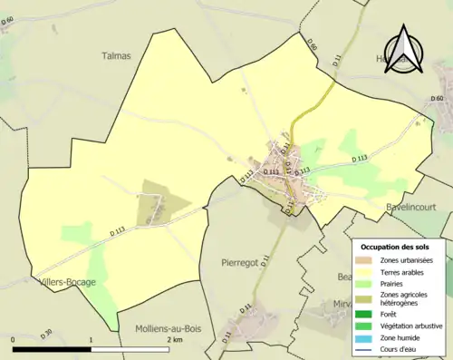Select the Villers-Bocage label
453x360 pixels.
pos(68,281)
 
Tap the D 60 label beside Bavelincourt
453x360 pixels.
pos(437,100)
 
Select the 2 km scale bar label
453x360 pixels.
pos(175,339)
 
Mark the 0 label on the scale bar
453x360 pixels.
pos(13,339)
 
